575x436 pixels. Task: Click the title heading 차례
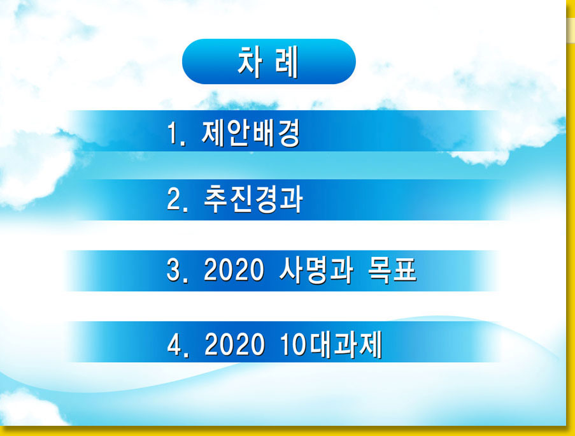[268, 62]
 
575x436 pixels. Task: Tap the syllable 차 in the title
[250, 62]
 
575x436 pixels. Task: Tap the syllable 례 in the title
[287, 62]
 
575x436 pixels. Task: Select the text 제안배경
[251, 133]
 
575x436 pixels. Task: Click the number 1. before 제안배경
[176, 134]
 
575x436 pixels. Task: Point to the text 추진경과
[253, 200]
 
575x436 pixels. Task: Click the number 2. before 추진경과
[178, 200]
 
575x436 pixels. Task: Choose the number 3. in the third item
[178, 271]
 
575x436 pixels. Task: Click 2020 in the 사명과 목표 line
[234, 270]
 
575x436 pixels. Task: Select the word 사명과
[316, 270]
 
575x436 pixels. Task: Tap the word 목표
[392, 270]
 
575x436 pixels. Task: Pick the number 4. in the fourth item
[178, 344]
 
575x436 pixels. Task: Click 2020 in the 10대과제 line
[234, 344]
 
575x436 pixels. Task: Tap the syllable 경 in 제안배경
[289, 134]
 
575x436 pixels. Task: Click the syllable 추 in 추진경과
[216, 200]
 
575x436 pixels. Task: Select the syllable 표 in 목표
[405, 270]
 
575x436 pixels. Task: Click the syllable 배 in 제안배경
[264, 134]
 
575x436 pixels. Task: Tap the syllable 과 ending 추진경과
[292, 200]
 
